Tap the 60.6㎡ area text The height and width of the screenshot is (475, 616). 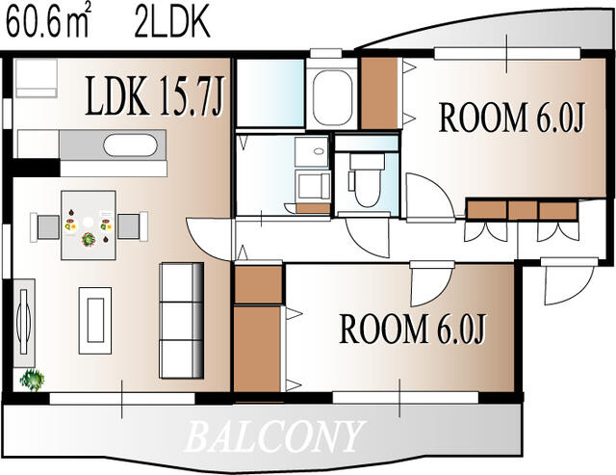click(x=47, y=22)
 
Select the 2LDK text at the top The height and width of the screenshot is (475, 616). click(x=172, y=22)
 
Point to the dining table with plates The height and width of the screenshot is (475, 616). click(x=89, y=225)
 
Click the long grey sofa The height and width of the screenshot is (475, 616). click(x=181, y=319)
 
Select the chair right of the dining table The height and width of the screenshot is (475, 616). click(x=131, y=226)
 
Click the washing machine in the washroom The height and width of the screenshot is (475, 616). click(x=311, y=187)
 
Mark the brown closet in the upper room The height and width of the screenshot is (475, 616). click(x=379, y=93)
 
